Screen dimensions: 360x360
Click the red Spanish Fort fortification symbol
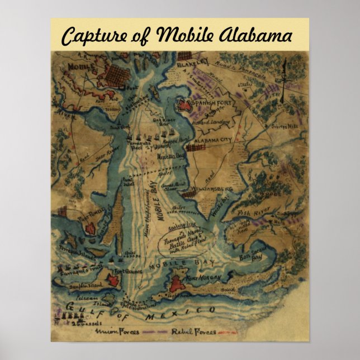(x=185, y=103)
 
